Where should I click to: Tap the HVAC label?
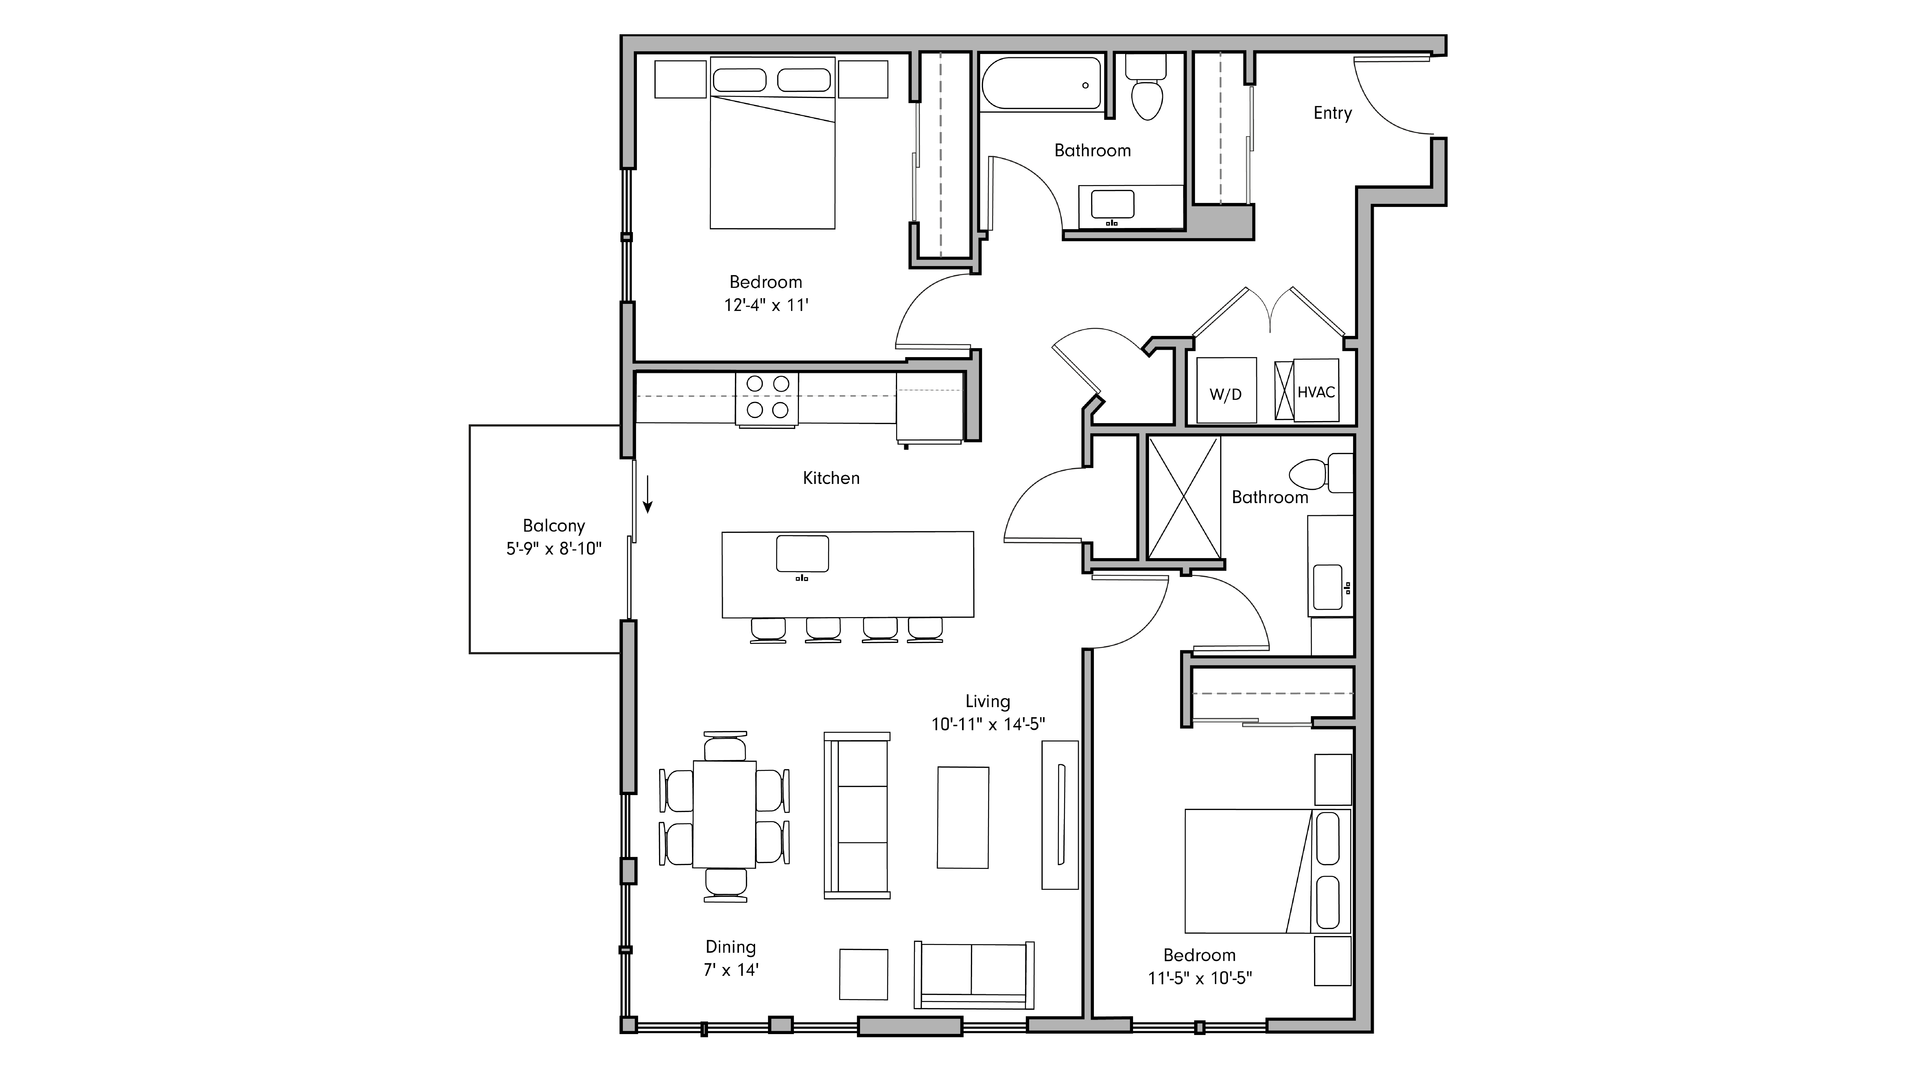(x=1316, y=392)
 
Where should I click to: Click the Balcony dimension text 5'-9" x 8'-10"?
(x=554, y=549)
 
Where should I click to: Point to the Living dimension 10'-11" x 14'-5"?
(x=988, y=724)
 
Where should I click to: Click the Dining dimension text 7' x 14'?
(x=731, y=969)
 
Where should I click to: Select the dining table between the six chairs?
(x=724, y=813)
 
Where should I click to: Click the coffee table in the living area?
(x=963, y=817)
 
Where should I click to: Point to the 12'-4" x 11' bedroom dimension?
(x=766, y=305)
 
